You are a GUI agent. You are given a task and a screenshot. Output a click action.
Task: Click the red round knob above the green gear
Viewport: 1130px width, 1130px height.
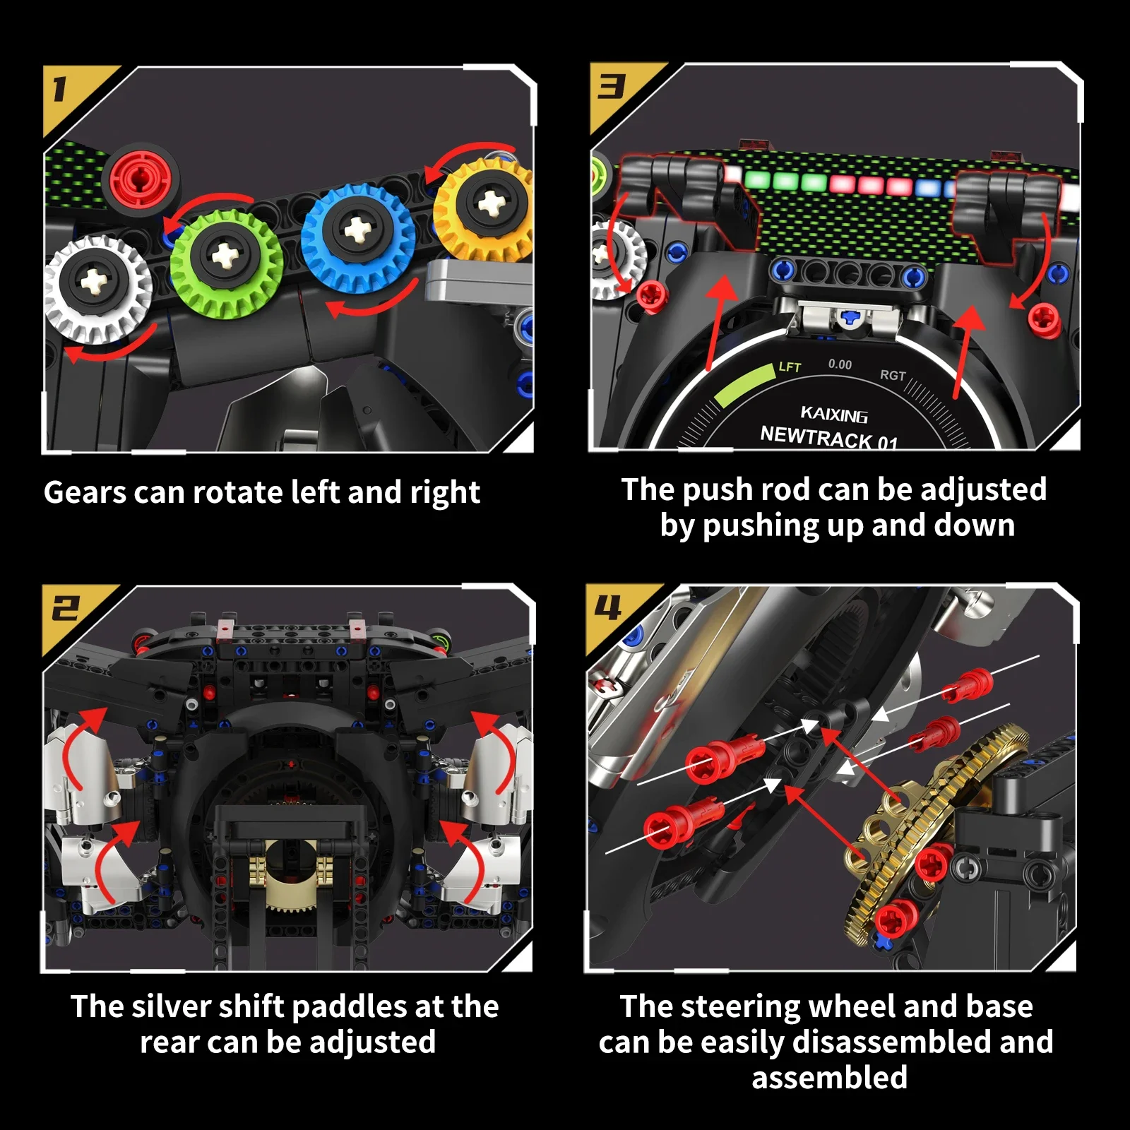coord(141,178)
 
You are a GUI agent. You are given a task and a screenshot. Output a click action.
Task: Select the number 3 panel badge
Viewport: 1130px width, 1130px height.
coord(612,88)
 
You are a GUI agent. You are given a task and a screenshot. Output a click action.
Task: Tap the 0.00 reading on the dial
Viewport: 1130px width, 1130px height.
coord(840,364)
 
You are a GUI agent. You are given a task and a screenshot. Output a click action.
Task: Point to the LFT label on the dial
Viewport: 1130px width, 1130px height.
coord(790,367)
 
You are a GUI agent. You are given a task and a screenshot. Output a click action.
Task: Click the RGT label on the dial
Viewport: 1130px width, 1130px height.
coord(893,375)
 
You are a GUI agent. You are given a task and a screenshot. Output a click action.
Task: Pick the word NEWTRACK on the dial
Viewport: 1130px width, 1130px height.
coord(816,437)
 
